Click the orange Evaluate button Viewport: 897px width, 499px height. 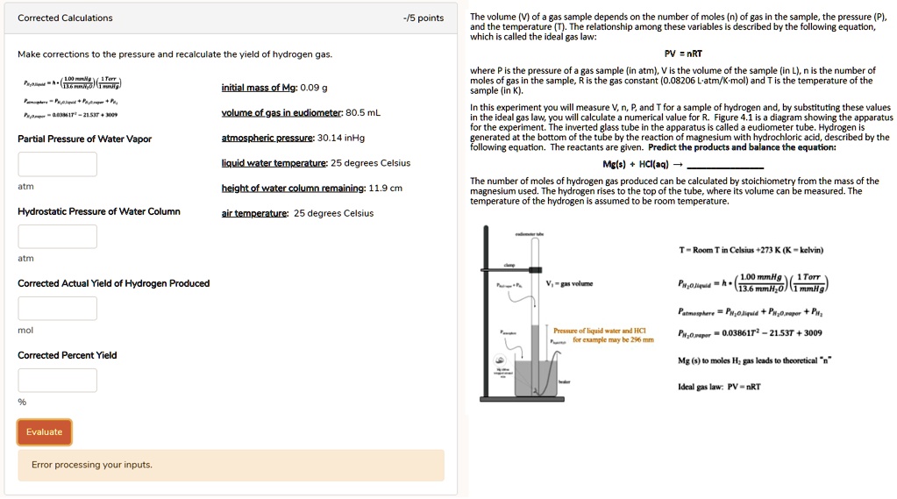(x=44, y=432)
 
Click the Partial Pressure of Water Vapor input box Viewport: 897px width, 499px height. (x=57, y=164)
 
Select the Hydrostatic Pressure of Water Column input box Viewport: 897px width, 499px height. (x=57, y=236)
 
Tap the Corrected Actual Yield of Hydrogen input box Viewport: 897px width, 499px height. (x=57, y=308)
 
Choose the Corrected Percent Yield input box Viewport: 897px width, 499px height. (x=57, y=380)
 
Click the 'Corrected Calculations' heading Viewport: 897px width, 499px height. (x=65, y=18)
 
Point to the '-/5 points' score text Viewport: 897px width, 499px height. (x=423, y=18)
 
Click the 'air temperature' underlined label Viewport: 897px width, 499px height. (x=254, y=213)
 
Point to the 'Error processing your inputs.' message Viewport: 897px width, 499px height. (x=92, y=465)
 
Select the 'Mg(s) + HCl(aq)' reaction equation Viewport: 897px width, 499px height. (x=636, y=164)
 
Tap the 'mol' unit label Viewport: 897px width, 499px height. (x=25, y=331)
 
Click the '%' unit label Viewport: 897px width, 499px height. (x=22, y=403)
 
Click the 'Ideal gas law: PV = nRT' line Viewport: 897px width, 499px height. (x=719, y=387)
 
